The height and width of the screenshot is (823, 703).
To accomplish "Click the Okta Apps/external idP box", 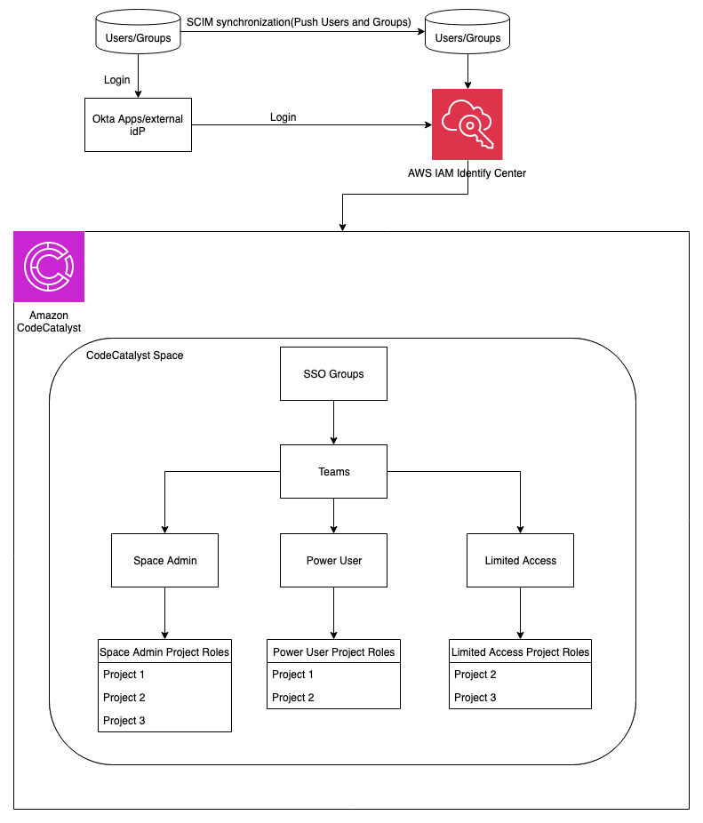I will (138, 124).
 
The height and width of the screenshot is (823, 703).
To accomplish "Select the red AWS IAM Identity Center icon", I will (467, 124).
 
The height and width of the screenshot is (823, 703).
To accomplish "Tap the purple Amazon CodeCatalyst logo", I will (49, 266).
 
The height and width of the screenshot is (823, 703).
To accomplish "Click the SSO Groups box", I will (333, 373).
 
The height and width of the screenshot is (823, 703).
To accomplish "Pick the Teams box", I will (333, 471).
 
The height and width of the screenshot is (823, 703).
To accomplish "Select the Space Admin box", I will (164, 560).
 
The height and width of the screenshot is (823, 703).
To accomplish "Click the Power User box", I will (333, 560).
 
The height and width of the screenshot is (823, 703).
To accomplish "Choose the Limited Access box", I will (520, 560).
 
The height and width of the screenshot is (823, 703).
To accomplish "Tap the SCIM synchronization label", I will (299, 21).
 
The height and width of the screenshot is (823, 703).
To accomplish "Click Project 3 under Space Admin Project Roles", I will (124, 720).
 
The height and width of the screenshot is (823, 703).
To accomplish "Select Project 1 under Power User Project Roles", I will (293, 675).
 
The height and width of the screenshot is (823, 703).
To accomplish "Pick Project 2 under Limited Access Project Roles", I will (475, 675).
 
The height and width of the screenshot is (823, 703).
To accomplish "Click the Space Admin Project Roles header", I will (164, 651).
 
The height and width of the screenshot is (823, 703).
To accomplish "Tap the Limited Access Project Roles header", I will (520, 651).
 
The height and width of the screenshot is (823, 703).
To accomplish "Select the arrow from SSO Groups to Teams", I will (333, 422).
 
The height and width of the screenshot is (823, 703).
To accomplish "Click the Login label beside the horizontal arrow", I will (283, 117).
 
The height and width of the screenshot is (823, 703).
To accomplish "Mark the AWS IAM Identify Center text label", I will (460, 173).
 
